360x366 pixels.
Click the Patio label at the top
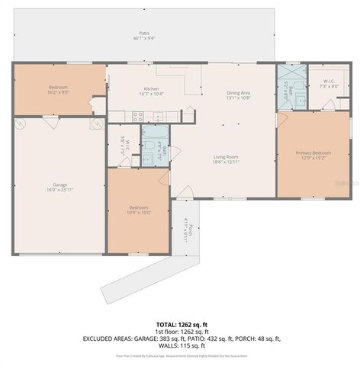pyautogui.click(x=143, y=34)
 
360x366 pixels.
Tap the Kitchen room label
pyautogui.click(x=151, y=88)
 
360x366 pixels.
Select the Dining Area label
pyautogui.click(x=238, y=93)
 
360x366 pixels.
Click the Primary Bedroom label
pyautogui.click(x=313, y=153)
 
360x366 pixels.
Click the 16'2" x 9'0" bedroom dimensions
pyautogui.click(x=59, y=92)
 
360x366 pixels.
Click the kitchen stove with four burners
pyautogui.click(x=138, y=117)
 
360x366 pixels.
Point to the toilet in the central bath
pyautogui.click(x=146, y=158)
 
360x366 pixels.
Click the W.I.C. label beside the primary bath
pyautogui.click(x=327, y=83)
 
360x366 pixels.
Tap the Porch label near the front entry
pyautogui.click(x=186, y=230)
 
